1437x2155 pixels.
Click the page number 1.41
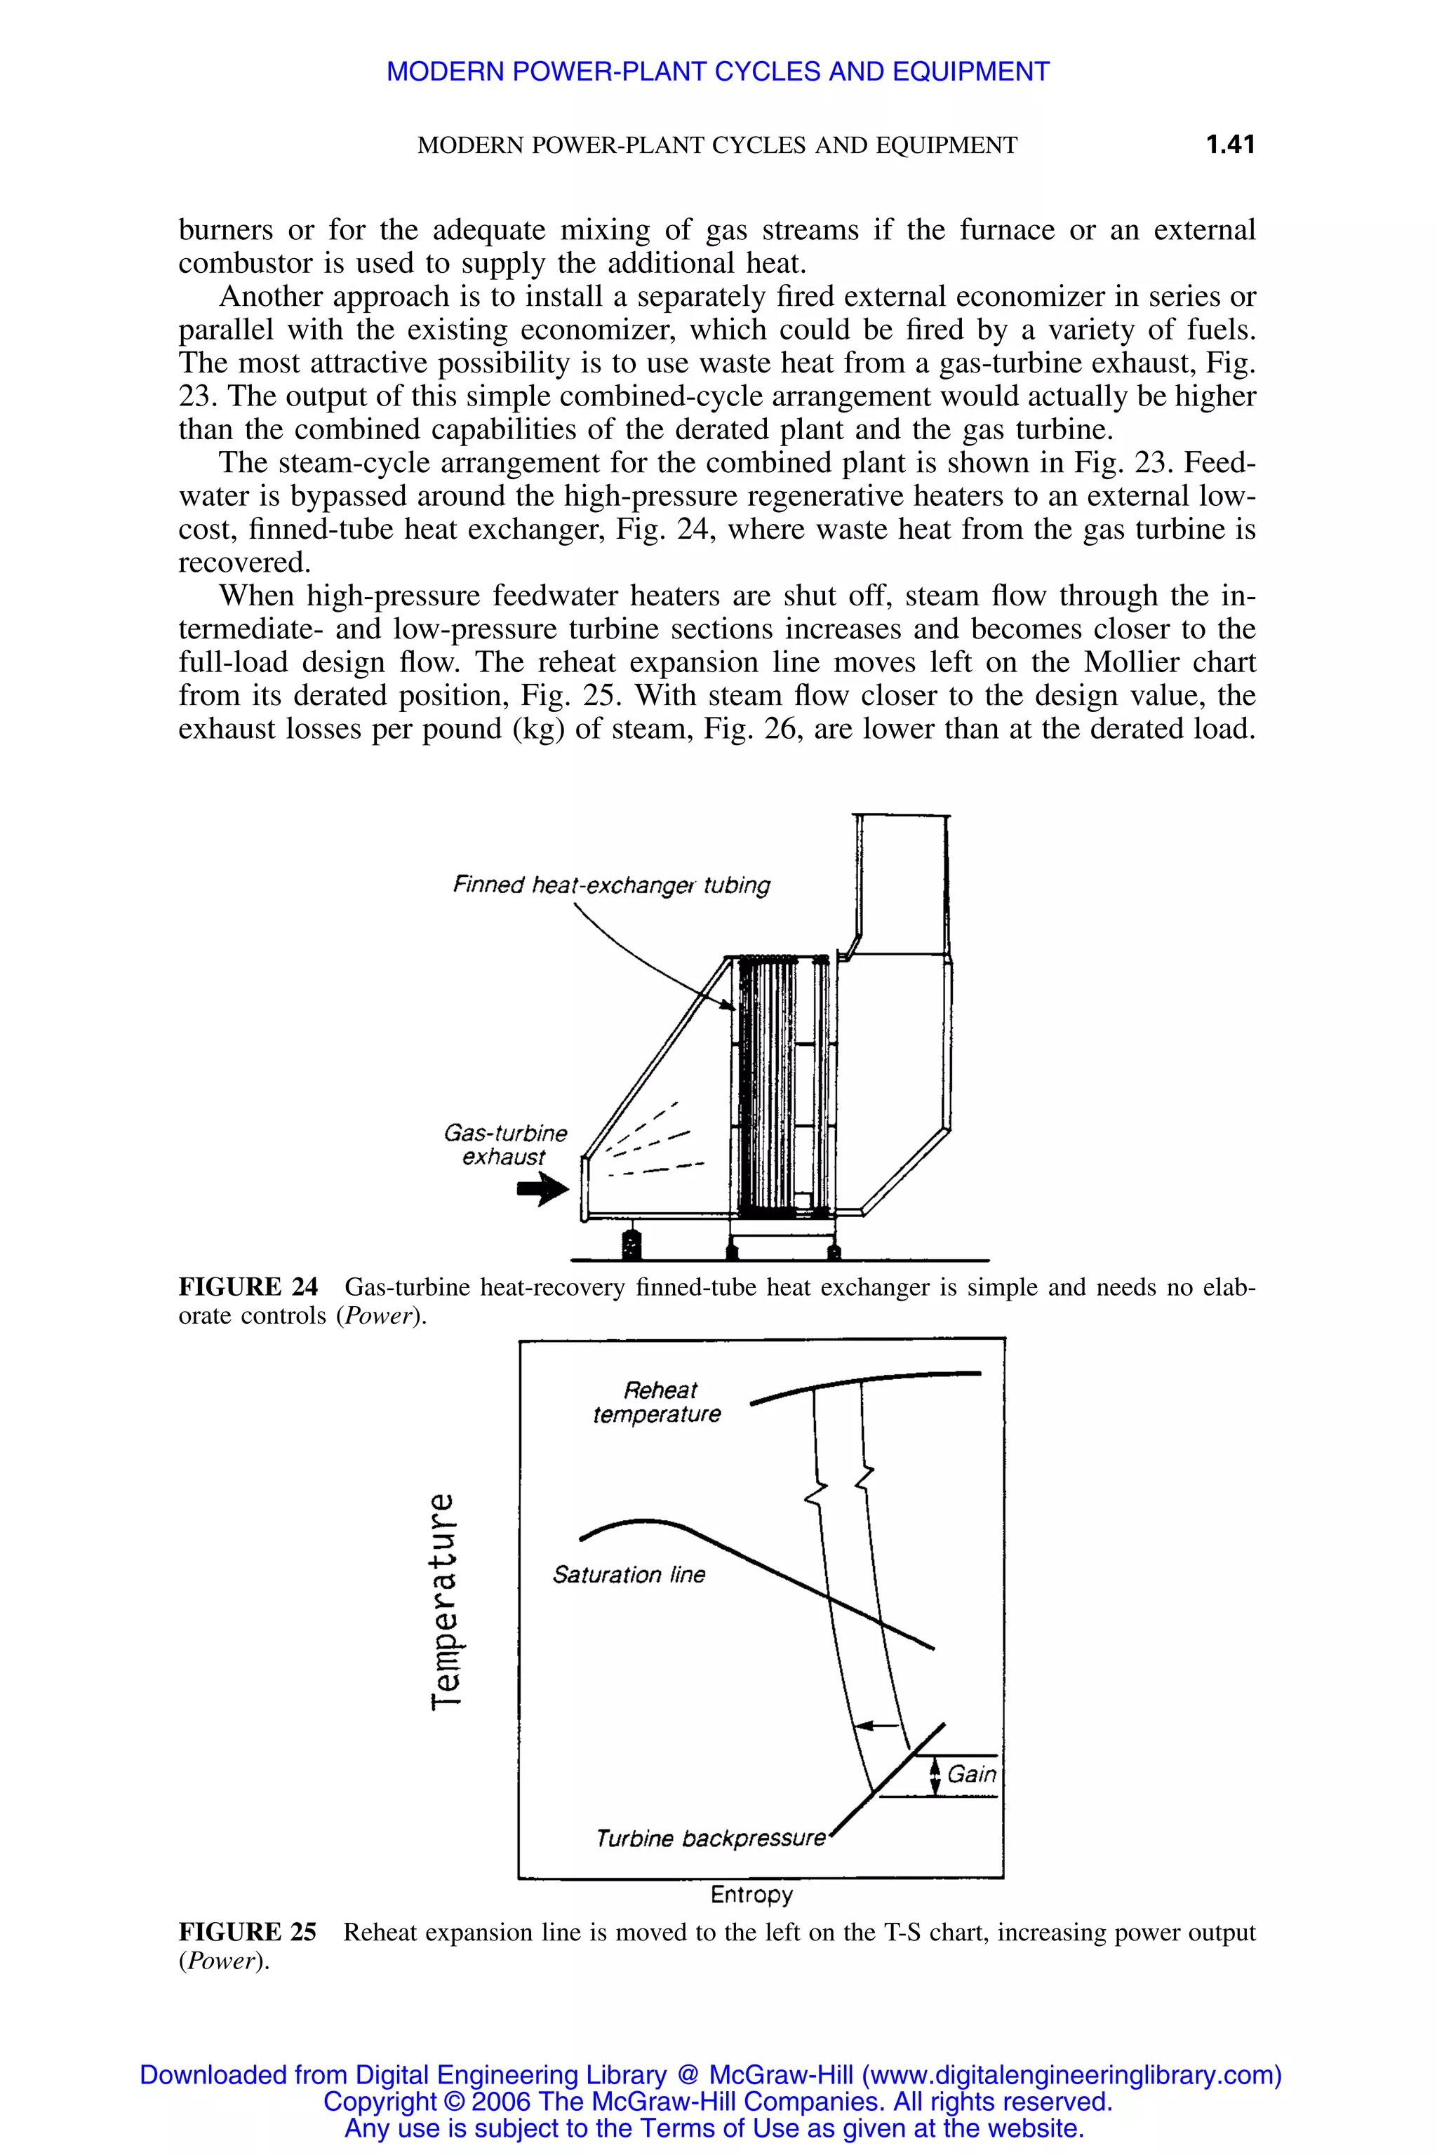tap(1229, 145)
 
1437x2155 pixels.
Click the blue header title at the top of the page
tap(718, 72)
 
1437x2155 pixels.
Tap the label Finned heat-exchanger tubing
tap(611, 885)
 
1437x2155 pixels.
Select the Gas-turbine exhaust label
tap(505, 1146)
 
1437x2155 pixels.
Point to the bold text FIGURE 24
tap(248, 1287)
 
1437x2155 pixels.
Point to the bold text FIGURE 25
tap(248, 1931)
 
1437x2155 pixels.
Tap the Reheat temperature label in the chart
tap(657, 1402)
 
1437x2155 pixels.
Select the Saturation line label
tap(629, 1574)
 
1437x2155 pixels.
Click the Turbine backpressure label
tap(710, 1838)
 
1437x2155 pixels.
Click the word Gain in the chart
tap(971, 1774)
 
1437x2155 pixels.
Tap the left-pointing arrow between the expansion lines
tap(877, 1725)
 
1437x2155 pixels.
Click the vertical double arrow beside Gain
tap(935, 1775)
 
